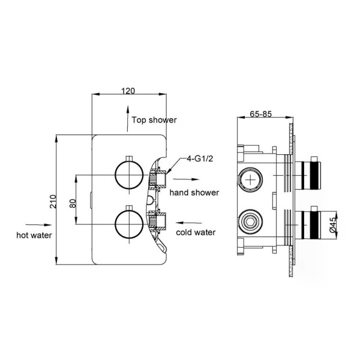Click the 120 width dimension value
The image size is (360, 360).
[128, 91]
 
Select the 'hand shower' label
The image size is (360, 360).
[194, 193]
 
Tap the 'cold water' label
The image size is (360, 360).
[196, 232]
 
